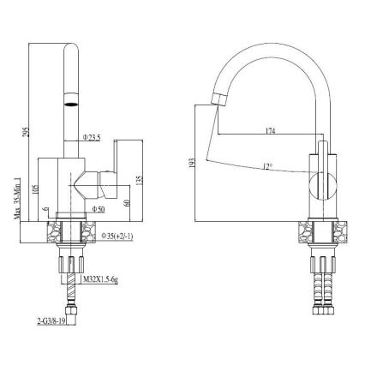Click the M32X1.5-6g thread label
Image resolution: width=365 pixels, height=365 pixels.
point(101,278)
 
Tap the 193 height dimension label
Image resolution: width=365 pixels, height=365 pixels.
point(192,161)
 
